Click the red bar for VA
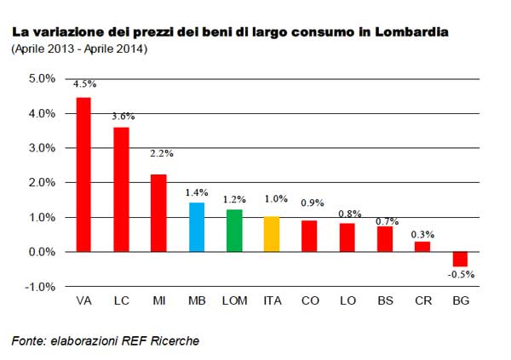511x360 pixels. tap(83, 174)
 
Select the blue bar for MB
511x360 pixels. tap(196, 227)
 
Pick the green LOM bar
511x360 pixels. tap(233, 231)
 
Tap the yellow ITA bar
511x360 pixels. tap(271, 234)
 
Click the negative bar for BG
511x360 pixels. tap(459, 260)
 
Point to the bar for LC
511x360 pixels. tap(121, 190)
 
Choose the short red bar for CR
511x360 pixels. tap(422, 247)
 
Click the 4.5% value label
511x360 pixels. tap(84, 85)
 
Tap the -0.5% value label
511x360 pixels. tap(460, 274)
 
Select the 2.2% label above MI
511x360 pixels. tap(158, 154)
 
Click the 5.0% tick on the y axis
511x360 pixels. tap(42, 78)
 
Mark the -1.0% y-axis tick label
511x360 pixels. tap(40, 287)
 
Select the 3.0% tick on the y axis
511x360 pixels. tap(42, 148)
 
